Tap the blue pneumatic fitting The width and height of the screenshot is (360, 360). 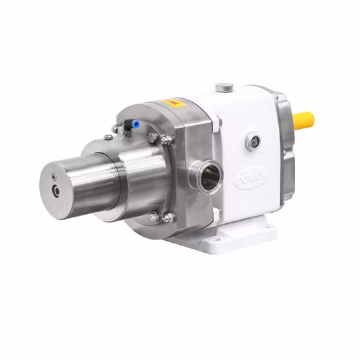pos(134,122)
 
